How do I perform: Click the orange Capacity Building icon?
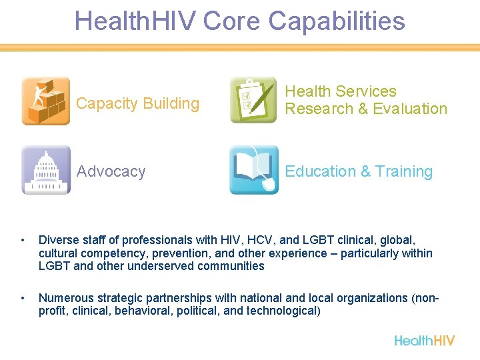(x=45, y=101)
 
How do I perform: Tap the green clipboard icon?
(x=253, y=101)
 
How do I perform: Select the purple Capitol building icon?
(x=45, y=170)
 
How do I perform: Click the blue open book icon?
(x=253, y=170)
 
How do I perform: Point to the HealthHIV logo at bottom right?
(x=424, y=340)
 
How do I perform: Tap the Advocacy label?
(x=111, y=171)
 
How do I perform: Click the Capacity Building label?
(x=137, y=103)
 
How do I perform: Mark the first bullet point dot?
(x=23, y=240)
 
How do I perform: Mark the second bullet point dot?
(x=23, y=297)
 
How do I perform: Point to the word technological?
(x=282, y=310)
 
